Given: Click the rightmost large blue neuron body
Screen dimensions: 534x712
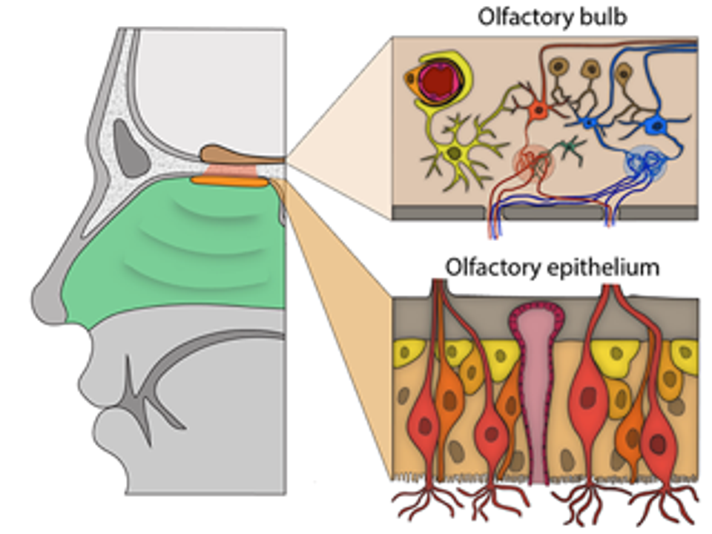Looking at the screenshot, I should [x=657, y=125].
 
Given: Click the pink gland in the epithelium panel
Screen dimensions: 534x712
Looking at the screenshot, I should [x=536, y=386].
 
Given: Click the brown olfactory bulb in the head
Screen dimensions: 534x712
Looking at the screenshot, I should [x=230, y=155].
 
